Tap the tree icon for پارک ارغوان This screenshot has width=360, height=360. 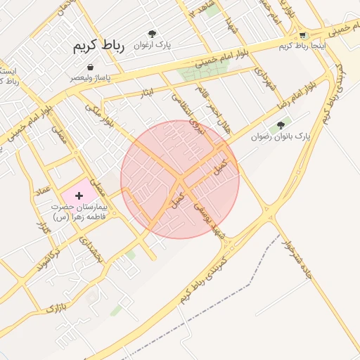152,33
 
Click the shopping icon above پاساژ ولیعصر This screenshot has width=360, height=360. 91,67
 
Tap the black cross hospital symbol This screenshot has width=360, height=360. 79,195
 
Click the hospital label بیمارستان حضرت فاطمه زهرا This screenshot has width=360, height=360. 78,212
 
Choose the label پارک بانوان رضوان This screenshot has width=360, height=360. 281,136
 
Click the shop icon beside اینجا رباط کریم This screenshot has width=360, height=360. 302,35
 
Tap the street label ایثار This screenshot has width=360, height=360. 147,91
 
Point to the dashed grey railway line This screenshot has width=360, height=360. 232,292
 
